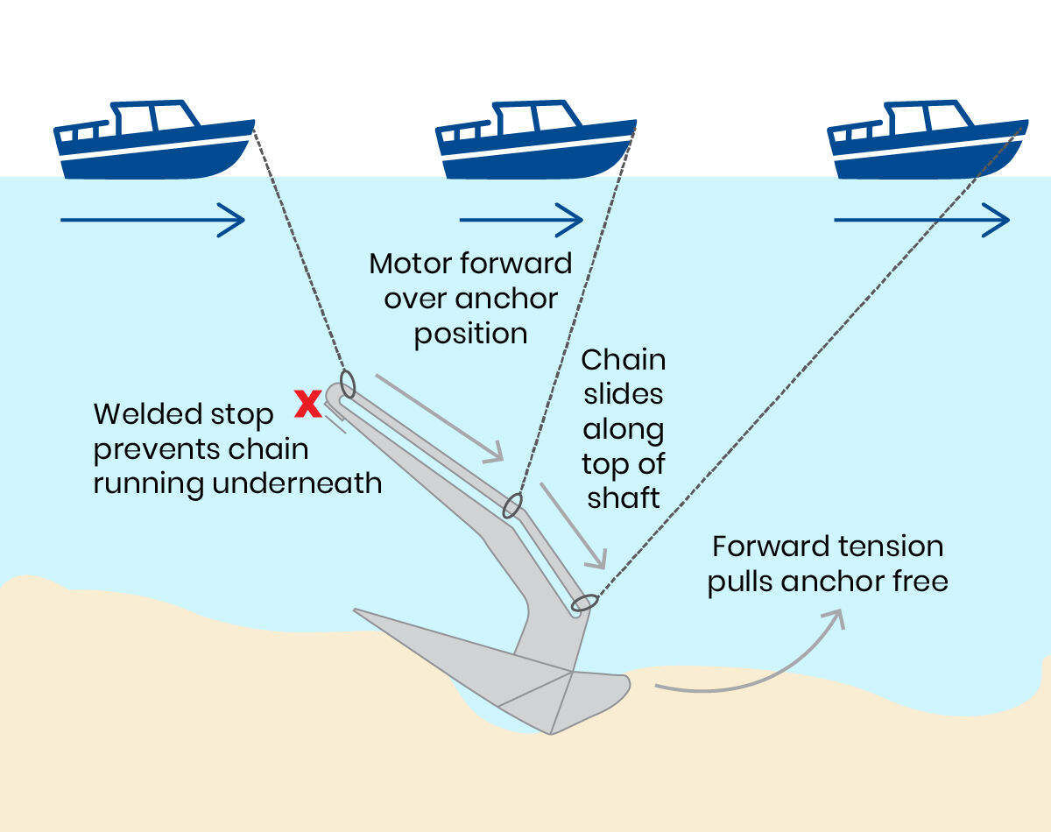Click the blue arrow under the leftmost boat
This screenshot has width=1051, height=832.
[x=152, y=219]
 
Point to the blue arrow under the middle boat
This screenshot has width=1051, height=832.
[x=520, y=219]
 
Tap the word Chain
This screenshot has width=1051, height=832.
[x=623, y=360]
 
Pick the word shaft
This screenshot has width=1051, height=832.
[x=623, y=497]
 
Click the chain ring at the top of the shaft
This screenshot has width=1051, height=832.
[x=347, y=383]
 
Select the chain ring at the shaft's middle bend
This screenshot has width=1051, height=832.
[x=512, y=505]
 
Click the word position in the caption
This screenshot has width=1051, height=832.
[x=470, y=334]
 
